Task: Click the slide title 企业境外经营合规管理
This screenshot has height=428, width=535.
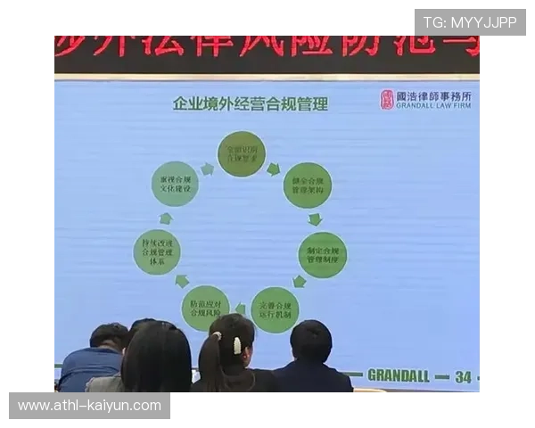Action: tap(250, 104)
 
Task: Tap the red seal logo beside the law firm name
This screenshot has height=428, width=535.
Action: tap(386, 99)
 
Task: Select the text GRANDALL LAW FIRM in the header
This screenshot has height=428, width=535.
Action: tap(434, 106)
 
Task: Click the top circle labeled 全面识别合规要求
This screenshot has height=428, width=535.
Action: tap(241, 153)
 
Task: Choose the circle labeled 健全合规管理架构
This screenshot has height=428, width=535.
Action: tap(307, 185)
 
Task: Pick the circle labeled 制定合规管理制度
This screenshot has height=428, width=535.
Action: tap(322, 254)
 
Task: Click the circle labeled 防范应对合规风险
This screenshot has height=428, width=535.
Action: tap(205, 309)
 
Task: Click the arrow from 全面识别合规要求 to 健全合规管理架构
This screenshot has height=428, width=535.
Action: tap(274, 168)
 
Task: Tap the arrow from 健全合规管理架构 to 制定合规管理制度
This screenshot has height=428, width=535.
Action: tap(315, 219)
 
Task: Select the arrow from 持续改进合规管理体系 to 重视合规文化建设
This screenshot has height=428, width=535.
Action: tap(165, 218)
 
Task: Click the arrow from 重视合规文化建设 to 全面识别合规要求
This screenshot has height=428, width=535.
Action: tap(207, 168)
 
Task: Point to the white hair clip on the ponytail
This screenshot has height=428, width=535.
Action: tap(237, 344)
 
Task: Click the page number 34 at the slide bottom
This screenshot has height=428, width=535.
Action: tap(462, 376)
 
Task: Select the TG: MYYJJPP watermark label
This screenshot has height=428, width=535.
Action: tap(469, 22)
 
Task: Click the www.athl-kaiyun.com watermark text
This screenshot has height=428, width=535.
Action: tap(89, 406)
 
